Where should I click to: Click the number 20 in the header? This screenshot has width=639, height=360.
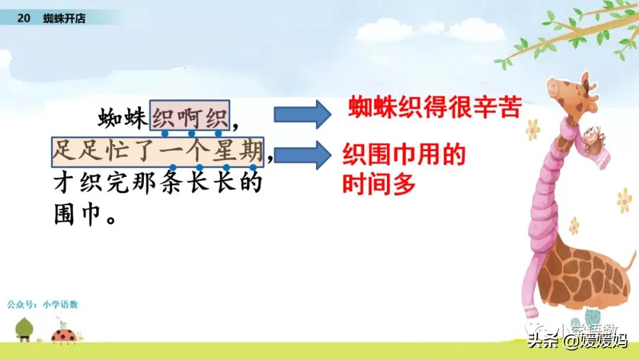pos(24,18)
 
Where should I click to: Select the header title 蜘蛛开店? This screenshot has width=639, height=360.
pos(64,18)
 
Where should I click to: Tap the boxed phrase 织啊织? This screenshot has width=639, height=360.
pos(189,115)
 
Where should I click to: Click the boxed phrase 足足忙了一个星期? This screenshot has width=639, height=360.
pos(158,152)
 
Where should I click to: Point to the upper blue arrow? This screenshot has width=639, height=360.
pos(302,114)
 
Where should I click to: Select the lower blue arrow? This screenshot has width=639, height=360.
pos(302,155)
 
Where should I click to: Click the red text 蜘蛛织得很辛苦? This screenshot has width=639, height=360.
pos(435,107)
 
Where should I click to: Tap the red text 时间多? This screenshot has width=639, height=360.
pos(379,184)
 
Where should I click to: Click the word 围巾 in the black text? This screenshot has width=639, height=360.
pos(78,214)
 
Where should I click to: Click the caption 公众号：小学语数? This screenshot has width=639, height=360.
pos(43,304)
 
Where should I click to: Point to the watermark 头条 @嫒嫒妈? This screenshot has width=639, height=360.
pos(577,340)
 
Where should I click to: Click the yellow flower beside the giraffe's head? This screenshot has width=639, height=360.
pos(532,130)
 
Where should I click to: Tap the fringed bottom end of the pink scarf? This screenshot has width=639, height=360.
pos(531,311)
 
